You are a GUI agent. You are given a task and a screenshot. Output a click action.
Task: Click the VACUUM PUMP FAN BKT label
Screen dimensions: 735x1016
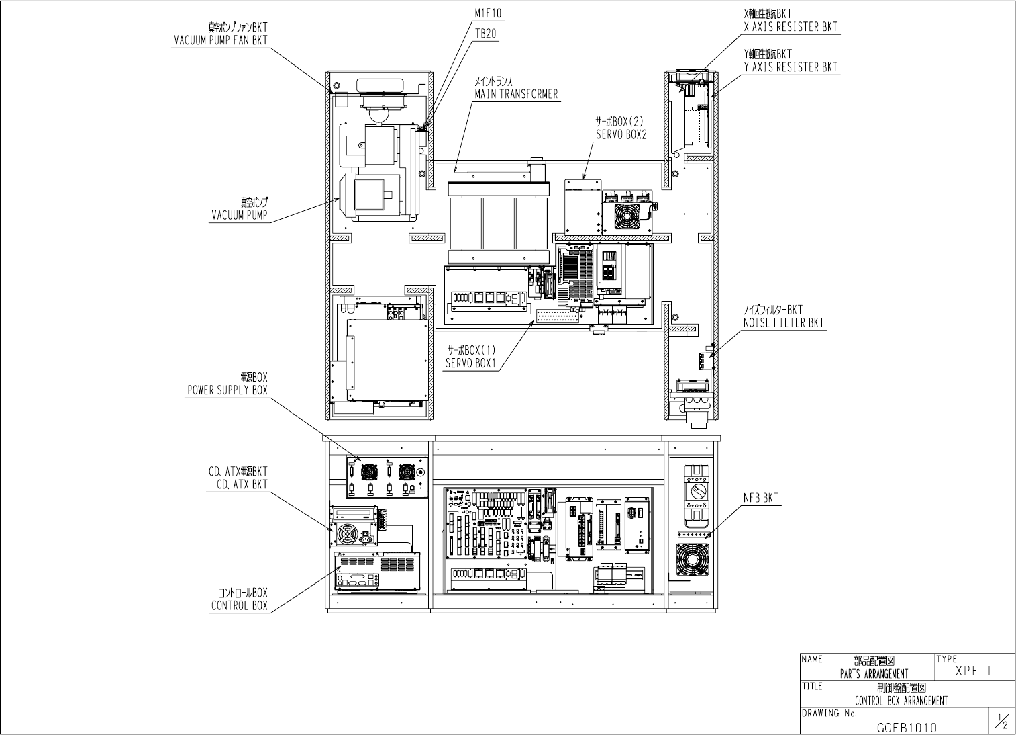tap(219, 40)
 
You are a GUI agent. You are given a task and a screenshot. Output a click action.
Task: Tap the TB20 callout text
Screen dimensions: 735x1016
tap(485, 33)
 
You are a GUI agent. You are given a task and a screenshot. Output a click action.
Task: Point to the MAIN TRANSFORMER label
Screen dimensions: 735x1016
tap(516, 93)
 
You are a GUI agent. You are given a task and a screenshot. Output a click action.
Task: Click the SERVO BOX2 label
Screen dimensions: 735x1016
tap(620, 134)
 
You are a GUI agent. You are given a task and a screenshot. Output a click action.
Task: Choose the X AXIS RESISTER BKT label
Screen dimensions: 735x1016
tap(791, 27)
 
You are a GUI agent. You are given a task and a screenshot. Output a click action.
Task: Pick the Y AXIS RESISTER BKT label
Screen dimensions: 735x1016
tap(791, 67)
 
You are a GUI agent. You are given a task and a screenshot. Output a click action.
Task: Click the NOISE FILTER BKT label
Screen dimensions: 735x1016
tap(783, 322)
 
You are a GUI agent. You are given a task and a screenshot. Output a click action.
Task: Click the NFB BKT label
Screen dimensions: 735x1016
tap(760, 498)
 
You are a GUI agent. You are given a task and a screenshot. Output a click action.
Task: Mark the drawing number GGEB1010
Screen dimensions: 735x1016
tap(906, 728)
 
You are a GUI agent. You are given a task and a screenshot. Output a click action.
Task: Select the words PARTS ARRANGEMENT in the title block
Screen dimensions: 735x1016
tap(874, 673)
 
